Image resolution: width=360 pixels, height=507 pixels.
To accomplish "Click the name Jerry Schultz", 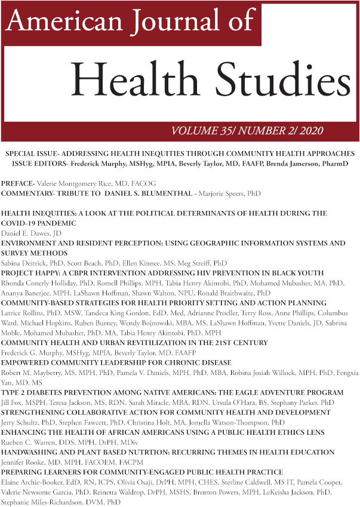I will (23, 422).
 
